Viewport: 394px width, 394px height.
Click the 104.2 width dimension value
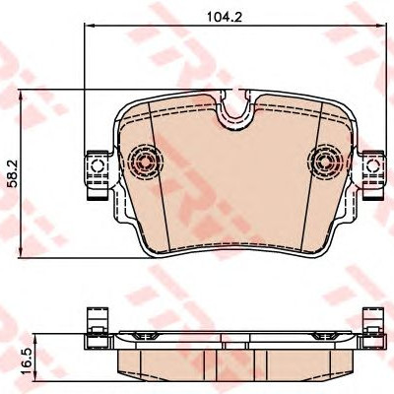tap(225, 17)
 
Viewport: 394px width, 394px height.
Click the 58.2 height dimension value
tap(13, 173)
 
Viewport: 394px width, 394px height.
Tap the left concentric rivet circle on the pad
tap(145, 162)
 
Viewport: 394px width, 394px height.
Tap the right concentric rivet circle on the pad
tap(323, 162)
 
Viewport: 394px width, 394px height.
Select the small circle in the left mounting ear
tap(97, 165)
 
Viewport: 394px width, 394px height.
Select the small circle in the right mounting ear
tap(373, 165)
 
